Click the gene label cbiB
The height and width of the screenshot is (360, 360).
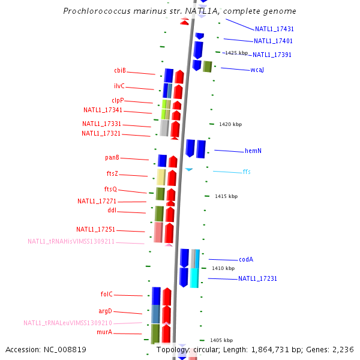click(120, 70)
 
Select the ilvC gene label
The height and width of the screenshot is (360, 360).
click(119, 86)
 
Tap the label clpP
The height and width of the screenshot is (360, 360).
click(118, 100)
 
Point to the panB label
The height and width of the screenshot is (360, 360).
click(112, 157)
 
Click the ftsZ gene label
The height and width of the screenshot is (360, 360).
click(113, 173)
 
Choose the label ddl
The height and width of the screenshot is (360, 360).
click(112, 211)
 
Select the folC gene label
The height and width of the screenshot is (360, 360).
click(107, 294)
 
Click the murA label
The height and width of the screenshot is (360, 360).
click(104, 332)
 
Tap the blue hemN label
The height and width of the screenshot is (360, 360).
click(253, 151)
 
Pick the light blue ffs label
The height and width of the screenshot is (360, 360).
click(247, 172)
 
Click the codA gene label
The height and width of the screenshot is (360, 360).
click(246, 259)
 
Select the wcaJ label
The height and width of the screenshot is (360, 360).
click(257, 70)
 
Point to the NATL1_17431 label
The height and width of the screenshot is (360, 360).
click(274, 29)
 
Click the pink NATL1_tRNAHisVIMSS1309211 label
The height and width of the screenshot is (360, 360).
click(71, 241)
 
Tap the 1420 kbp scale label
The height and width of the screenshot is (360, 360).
click(230, 124)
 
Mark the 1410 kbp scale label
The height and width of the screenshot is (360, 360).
click(223, 268)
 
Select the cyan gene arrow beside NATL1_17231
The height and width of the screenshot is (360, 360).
click(194, 277)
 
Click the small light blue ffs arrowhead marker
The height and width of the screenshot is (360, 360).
click(189, 170)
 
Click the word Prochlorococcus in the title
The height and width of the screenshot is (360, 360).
click(94, 11)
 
